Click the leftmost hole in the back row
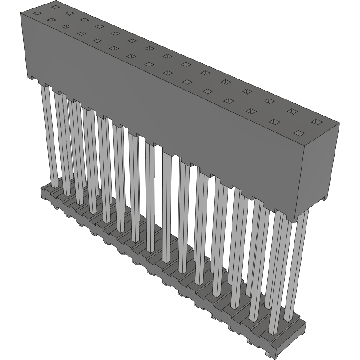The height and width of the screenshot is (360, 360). [54, 7]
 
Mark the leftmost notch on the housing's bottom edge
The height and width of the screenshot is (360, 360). [33, 78]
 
